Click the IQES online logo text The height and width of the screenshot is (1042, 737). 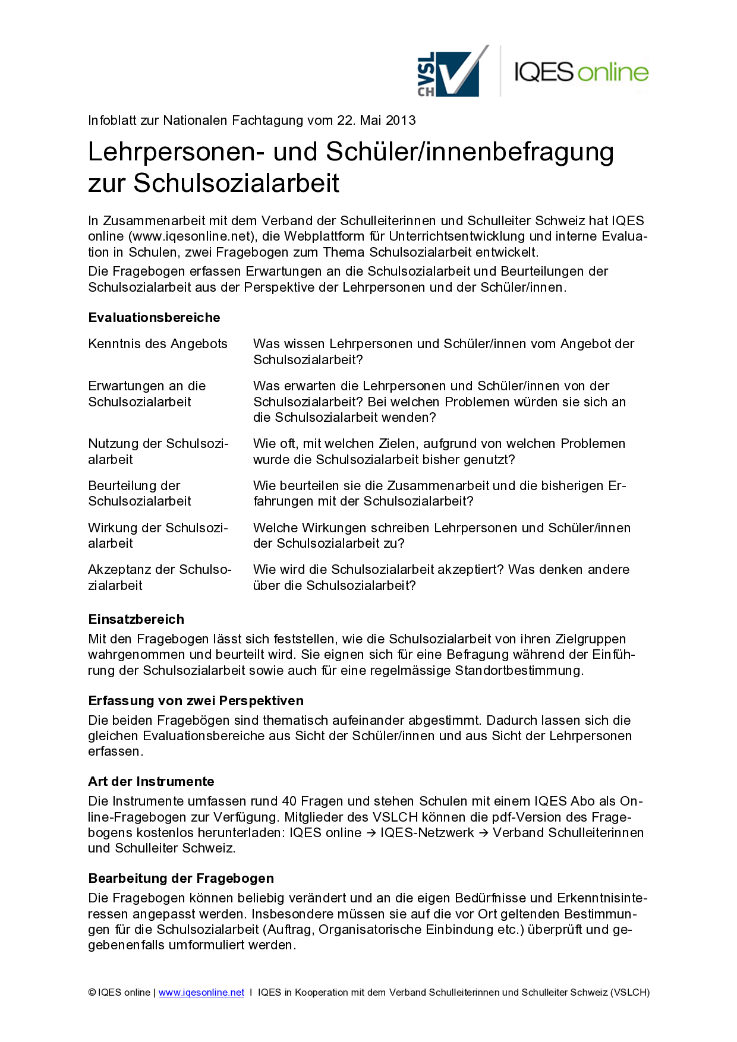pos(581,72)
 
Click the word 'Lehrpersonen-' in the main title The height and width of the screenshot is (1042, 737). pos(176,152)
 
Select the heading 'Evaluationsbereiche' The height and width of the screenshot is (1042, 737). pos(154,318)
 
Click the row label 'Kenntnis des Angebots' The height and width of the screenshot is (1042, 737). pos(158,344)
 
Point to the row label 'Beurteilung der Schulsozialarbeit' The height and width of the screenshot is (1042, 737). pos(140,494)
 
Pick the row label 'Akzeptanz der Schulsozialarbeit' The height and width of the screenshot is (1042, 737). pos(159,577)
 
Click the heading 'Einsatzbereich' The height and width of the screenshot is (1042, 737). pos(136,620)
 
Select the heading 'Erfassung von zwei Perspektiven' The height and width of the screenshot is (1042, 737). pos(196,701)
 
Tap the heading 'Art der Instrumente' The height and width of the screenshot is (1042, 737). pos(151,782)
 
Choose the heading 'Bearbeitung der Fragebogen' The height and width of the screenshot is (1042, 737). pos(181,879)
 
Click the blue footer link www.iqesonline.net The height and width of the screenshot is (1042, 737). pos(201,993)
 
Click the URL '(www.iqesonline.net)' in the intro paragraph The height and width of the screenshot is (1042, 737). pos(191,236)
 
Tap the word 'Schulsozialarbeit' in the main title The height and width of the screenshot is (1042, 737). pos(236,183)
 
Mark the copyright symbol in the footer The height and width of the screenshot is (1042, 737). pos(92,993)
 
